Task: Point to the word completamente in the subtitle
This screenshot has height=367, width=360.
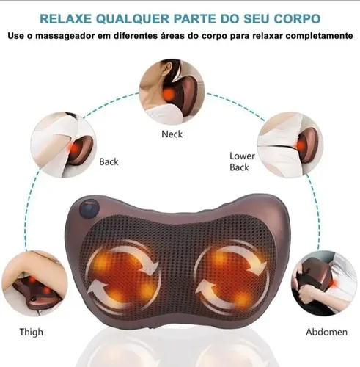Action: [x=320, y=36]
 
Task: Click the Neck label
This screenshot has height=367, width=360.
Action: [x=172, y=134]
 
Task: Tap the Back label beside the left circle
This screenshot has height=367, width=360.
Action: [x=109, y=161]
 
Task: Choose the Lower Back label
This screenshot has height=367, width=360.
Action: [x=242, y=161]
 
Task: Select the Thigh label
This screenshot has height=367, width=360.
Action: [x=31, y=333]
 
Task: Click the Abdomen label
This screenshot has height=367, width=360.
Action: [x=326, y=332]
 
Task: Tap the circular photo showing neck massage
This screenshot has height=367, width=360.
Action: [x=172, y=92]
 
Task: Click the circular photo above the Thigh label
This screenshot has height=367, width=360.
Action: [x=34, y=283]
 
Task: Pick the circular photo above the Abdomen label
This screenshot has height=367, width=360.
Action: [x=324, y=283]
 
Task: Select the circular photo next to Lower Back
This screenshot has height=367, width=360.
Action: [x=290, y=145]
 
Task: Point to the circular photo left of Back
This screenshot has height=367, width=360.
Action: [x=64, y=145]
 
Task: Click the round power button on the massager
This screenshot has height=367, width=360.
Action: [x=89, y=209]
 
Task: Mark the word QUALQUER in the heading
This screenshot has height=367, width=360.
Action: [x=133, y=19]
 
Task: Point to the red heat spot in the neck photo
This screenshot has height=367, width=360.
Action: [x=169, y=93]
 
